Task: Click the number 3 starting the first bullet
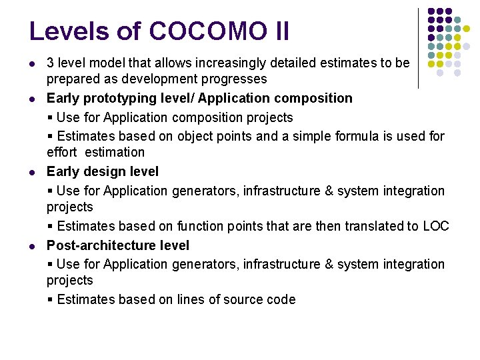point(50,63)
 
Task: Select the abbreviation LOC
point(436,227)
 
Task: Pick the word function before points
point(201,227)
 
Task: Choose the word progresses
point(235,79)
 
